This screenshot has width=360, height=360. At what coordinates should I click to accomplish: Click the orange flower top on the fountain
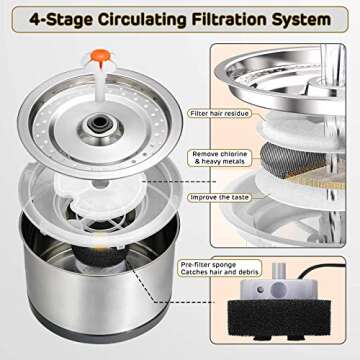(100, 55)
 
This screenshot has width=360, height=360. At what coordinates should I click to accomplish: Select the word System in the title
(301, 20)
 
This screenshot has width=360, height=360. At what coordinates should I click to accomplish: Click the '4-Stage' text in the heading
(61, 20)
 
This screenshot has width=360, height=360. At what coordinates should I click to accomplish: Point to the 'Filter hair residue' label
(219, 114)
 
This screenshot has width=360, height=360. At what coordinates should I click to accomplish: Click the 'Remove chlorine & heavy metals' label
(220, 158)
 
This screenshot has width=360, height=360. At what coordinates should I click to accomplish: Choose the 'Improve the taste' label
(220, 197)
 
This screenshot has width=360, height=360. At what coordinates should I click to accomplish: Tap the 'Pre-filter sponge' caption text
(208, 265)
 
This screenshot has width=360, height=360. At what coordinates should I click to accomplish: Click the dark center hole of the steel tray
(100, 123)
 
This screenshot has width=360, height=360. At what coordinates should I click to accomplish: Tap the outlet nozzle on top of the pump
(279, 272)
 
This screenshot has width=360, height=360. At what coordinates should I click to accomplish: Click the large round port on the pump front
(277, 289)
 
